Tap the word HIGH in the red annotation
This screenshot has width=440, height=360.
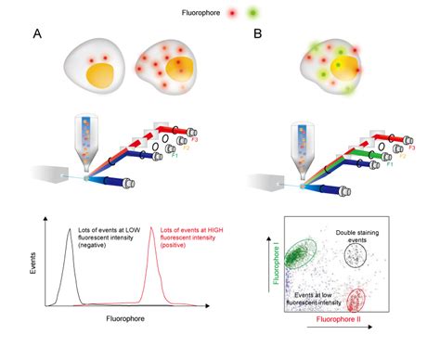pos(185,234)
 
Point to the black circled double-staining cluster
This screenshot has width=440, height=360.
pos(356,251)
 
